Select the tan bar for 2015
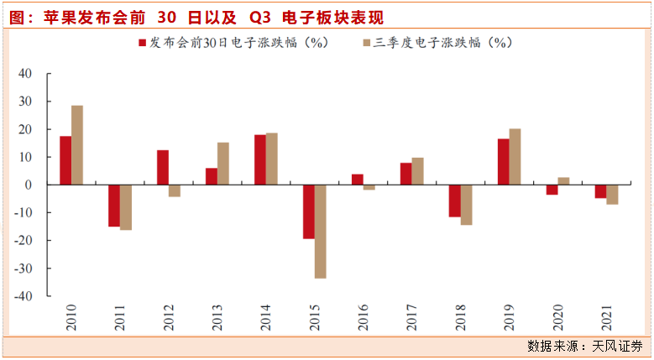click(321, 231)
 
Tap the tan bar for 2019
click(515, 157)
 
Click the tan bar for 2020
click(564, 181)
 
